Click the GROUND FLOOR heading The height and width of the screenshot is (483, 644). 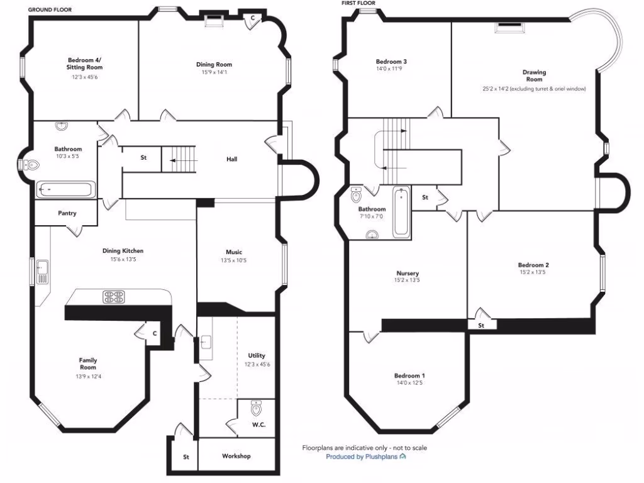pyautogui.click(x=49, y=10)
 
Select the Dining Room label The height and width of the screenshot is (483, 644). pyautogui.click(x=214, y=64)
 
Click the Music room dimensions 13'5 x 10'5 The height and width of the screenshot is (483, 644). pyautogui.click(x=234, y=260)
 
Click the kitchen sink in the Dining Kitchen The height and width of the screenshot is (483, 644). pyautogui.click(x=42, y=271)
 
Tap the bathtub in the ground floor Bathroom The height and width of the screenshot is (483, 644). pyautogui.click(x=65, y=189)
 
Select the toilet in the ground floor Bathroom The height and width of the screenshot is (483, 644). pyautogui.click(x=30, y=165)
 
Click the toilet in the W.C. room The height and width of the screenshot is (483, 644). pyautogui.click(x=256, y=409)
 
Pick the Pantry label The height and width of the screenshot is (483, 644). pyautogui.click(x=67, y=213)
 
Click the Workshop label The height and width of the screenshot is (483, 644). pyautogui.click(x=236, y=456)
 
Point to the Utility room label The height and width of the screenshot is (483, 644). pyautogui.click(x=257, y=356)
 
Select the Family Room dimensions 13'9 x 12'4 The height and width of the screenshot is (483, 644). pyautogui.click(x=88, y=376)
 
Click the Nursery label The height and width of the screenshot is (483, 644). pyautogui.click(x=408, y=273)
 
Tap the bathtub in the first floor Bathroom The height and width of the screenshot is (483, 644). pyautogui.click(x=401, y=213)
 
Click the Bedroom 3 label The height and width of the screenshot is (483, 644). pyautogui.click(x=391, y=61)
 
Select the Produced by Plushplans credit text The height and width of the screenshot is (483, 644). pyautogui.click(x=365, y=457)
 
